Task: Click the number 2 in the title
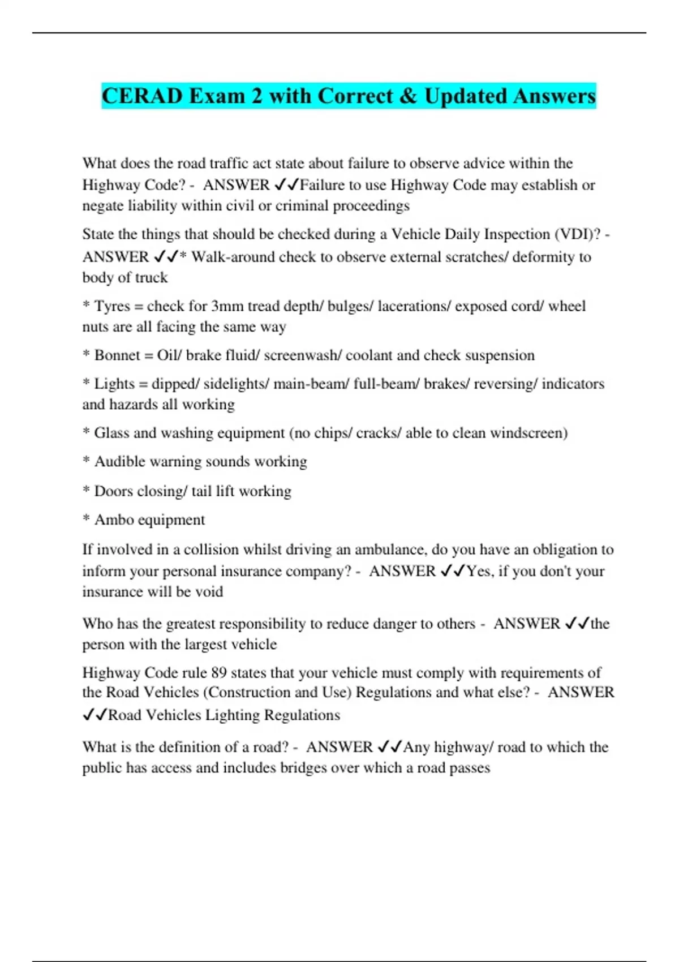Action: (257, 96)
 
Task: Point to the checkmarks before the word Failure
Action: (286, 185)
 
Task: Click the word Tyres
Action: (112, 306)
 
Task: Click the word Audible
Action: (120, 462)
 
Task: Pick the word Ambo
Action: (113, 520)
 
